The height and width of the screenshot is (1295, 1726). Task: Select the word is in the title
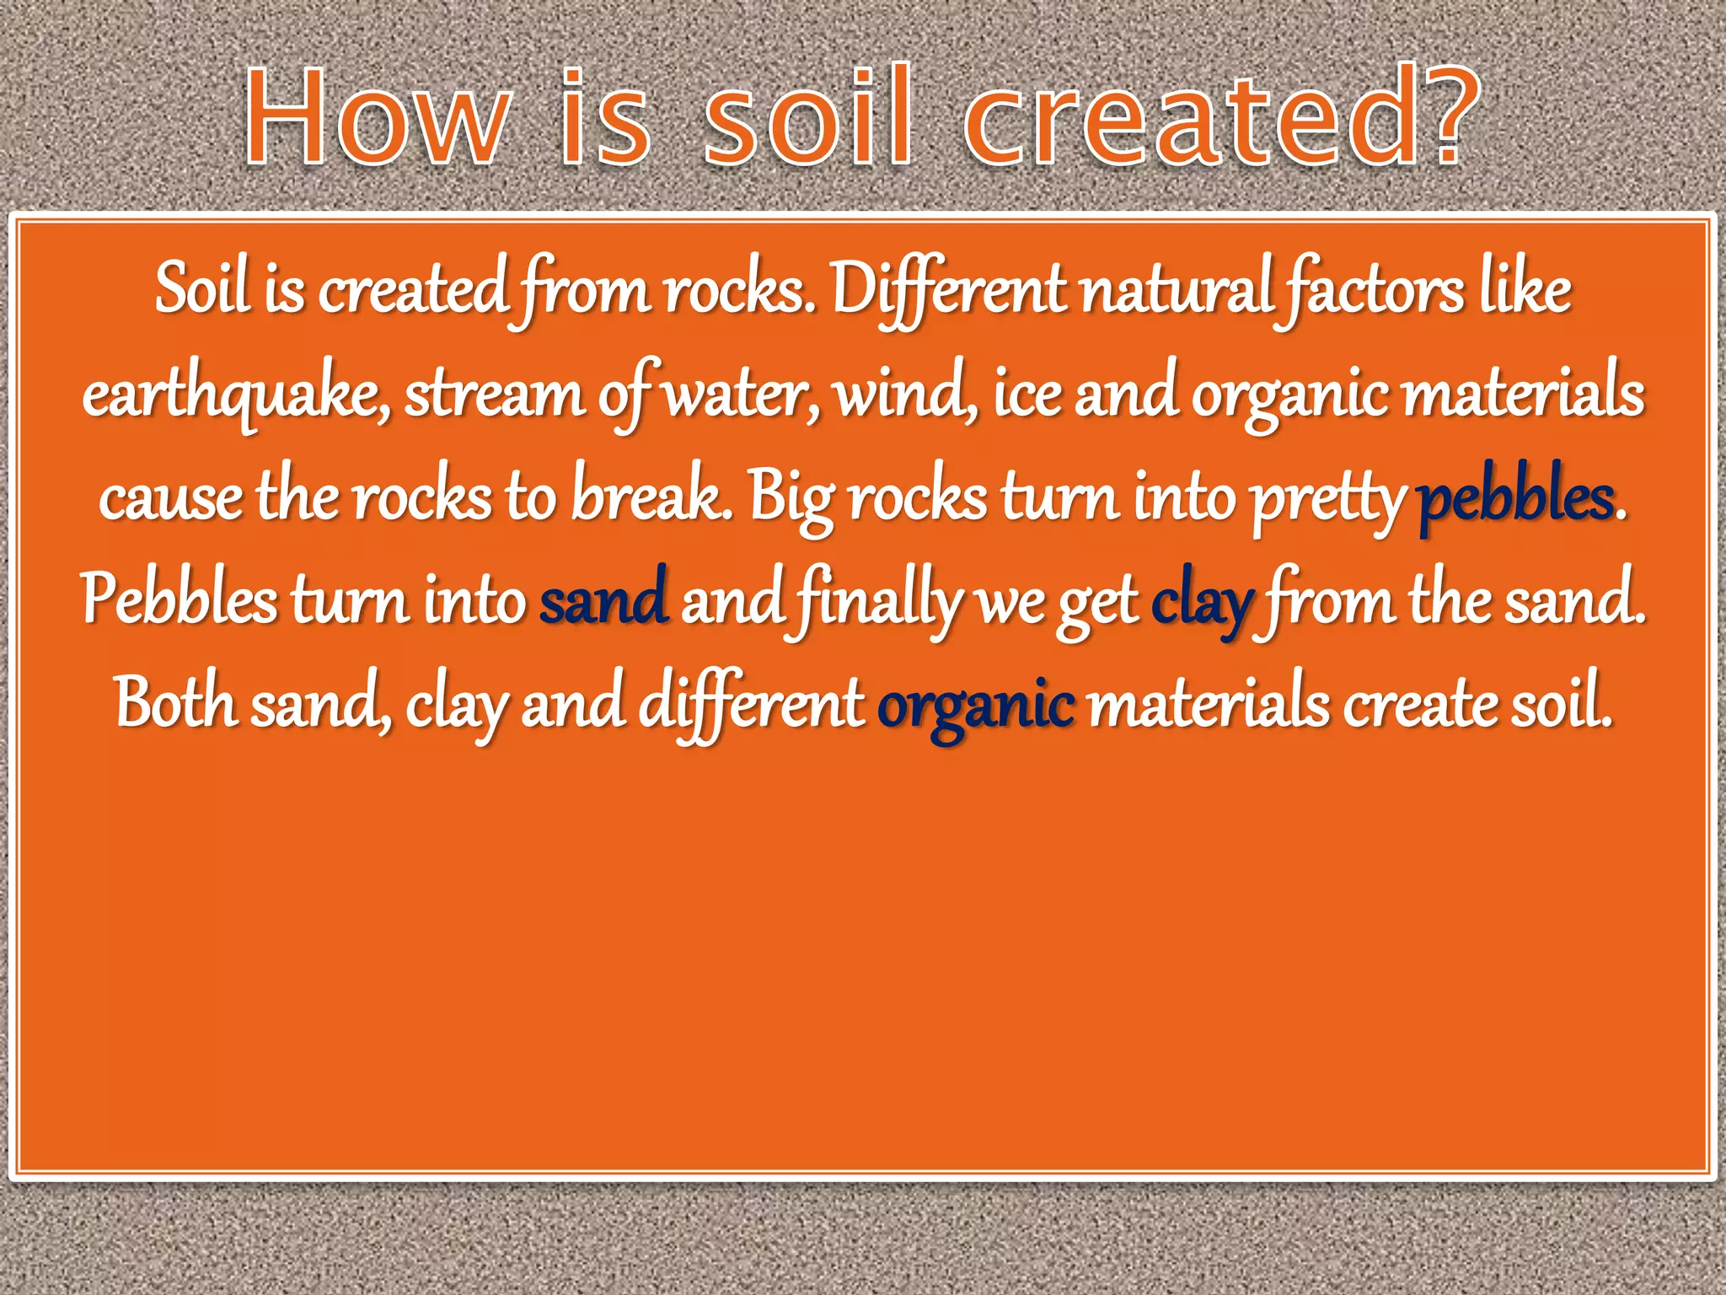(x=604, y=118)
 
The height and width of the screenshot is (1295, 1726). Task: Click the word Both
(x=176, y=703)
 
